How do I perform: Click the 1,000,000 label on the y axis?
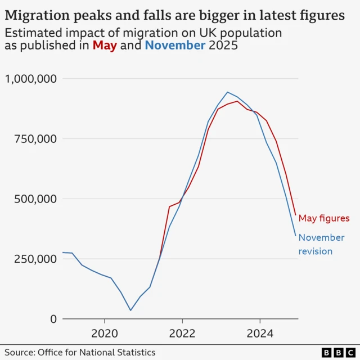pyautogui.click(x=31, y=79)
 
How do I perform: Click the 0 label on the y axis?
pyautogui.click(x=53, y=319)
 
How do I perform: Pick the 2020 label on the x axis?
pyautogui.click(x=105, y=333)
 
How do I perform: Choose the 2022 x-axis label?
pyautogui.click(x=183, y=333)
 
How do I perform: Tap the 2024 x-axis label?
pyautogui.click(x=260, y=333)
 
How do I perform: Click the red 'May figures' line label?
pyautogui.click(x=324, y=218)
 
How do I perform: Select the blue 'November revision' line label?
pyautogui.click(x=321, y=244)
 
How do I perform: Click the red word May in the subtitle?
pyautogui.click(x=105, y=46)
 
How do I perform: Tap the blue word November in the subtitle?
pyautogui.click(x=175, y=46)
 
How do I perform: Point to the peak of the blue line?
pyautogui.click(x=227, y=92)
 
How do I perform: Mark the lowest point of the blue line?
pyautogui.click(x=130, y=310)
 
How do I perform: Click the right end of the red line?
pyautogui.click(x=295, y=215)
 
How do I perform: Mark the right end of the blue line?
pyautogui.click(x=295, y=236)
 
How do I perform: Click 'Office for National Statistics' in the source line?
pyautogui.click(x=97, y=352)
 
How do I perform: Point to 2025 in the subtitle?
pyautogui.click(x=223, y=46)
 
